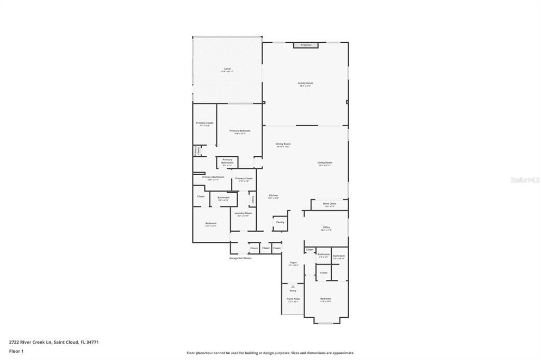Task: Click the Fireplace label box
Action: click(306, 45)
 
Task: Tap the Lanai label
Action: click(227, 69)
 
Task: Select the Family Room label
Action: click(305, 83)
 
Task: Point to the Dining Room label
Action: click(283, 144)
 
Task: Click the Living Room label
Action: click(324, 163)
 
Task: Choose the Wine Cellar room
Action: click(329, 204)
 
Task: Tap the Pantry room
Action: click(280, 222)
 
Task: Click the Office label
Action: click(326, 228)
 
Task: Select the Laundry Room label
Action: click(243, 213)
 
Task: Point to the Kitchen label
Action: click(273, 195)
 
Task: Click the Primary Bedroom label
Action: click(240, 131)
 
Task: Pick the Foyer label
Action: click(293, 262)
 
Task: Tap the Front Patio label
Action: click(293, 299)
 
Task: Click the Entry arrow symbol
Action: click(293, 287)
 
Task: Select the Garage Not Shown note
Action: click(240, 258)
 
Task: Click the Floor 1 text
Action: click(15, 351)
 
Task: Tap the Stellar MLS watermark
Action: click(525, 180)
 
